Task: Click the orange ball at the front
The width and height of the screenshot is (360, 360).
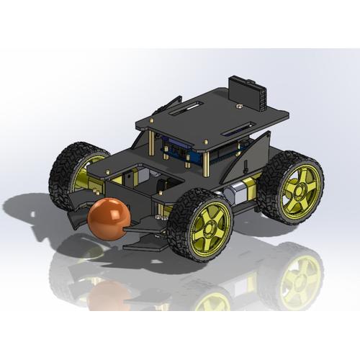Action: (x=109, y=219)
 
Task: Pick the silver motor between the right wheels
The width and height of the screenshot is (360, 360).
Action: (x=233, y=193)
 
